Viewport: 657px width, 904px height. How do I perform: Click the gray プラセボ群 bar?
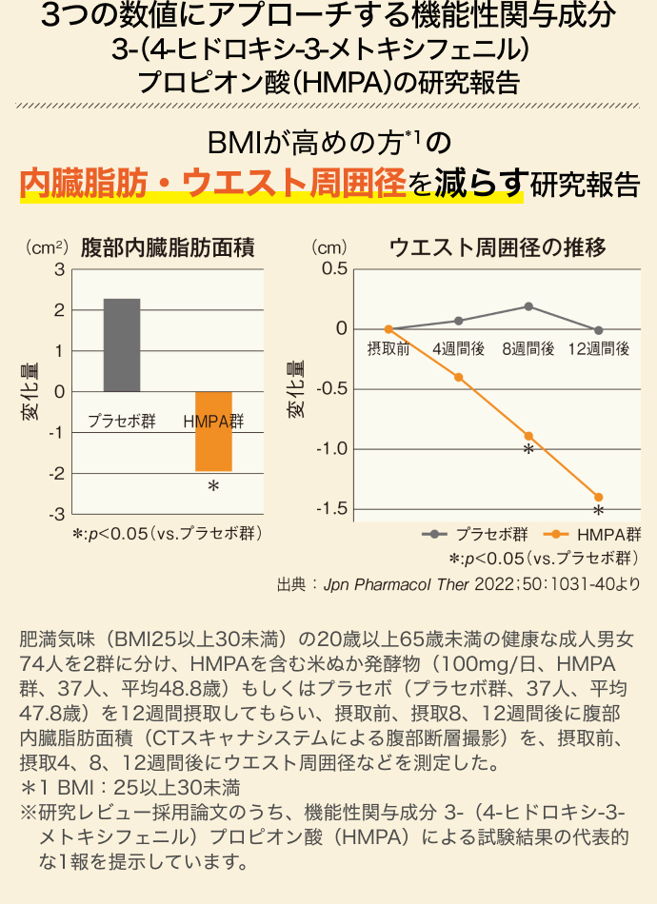tap(122, 344)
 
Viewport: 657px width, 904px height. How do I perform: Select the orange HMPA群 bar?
tap(213, 431)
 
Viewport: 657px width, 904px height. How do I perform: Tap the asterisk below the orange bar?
tap(213, 488)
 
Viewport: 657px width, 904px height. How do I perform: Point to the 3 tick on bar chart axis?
tap(60, 269)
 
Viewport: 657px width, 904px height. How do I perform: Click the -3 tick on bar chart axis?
tap(57, 514)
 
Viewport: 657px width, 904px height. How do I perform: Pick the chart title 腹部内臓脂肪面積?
tap(168, 248)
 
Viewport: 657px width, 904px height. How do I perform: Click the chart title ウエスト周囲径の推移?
tap(497, 248)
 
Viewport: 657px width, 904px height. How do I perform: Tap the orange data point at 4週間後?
tap(459, 378)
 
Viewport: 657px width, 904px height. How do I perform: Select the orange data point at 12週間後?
tap(599, 497)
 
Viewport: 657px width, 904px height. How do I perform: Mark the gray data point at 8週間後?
tap(528, 306)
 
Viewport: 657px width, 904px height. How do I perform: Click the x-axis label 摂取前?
tap(388, 349)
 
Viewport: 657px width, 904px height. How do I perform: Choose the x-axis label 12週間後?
tap(599, 349)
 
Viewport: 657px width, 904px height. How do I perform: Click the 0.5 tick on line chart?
tap(334, 269)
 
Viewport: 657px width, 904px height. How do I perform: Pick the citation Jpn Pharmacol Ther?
tap(394, 582)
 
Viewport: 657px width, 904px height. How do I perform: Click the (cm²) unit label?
tap(45, 248)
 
